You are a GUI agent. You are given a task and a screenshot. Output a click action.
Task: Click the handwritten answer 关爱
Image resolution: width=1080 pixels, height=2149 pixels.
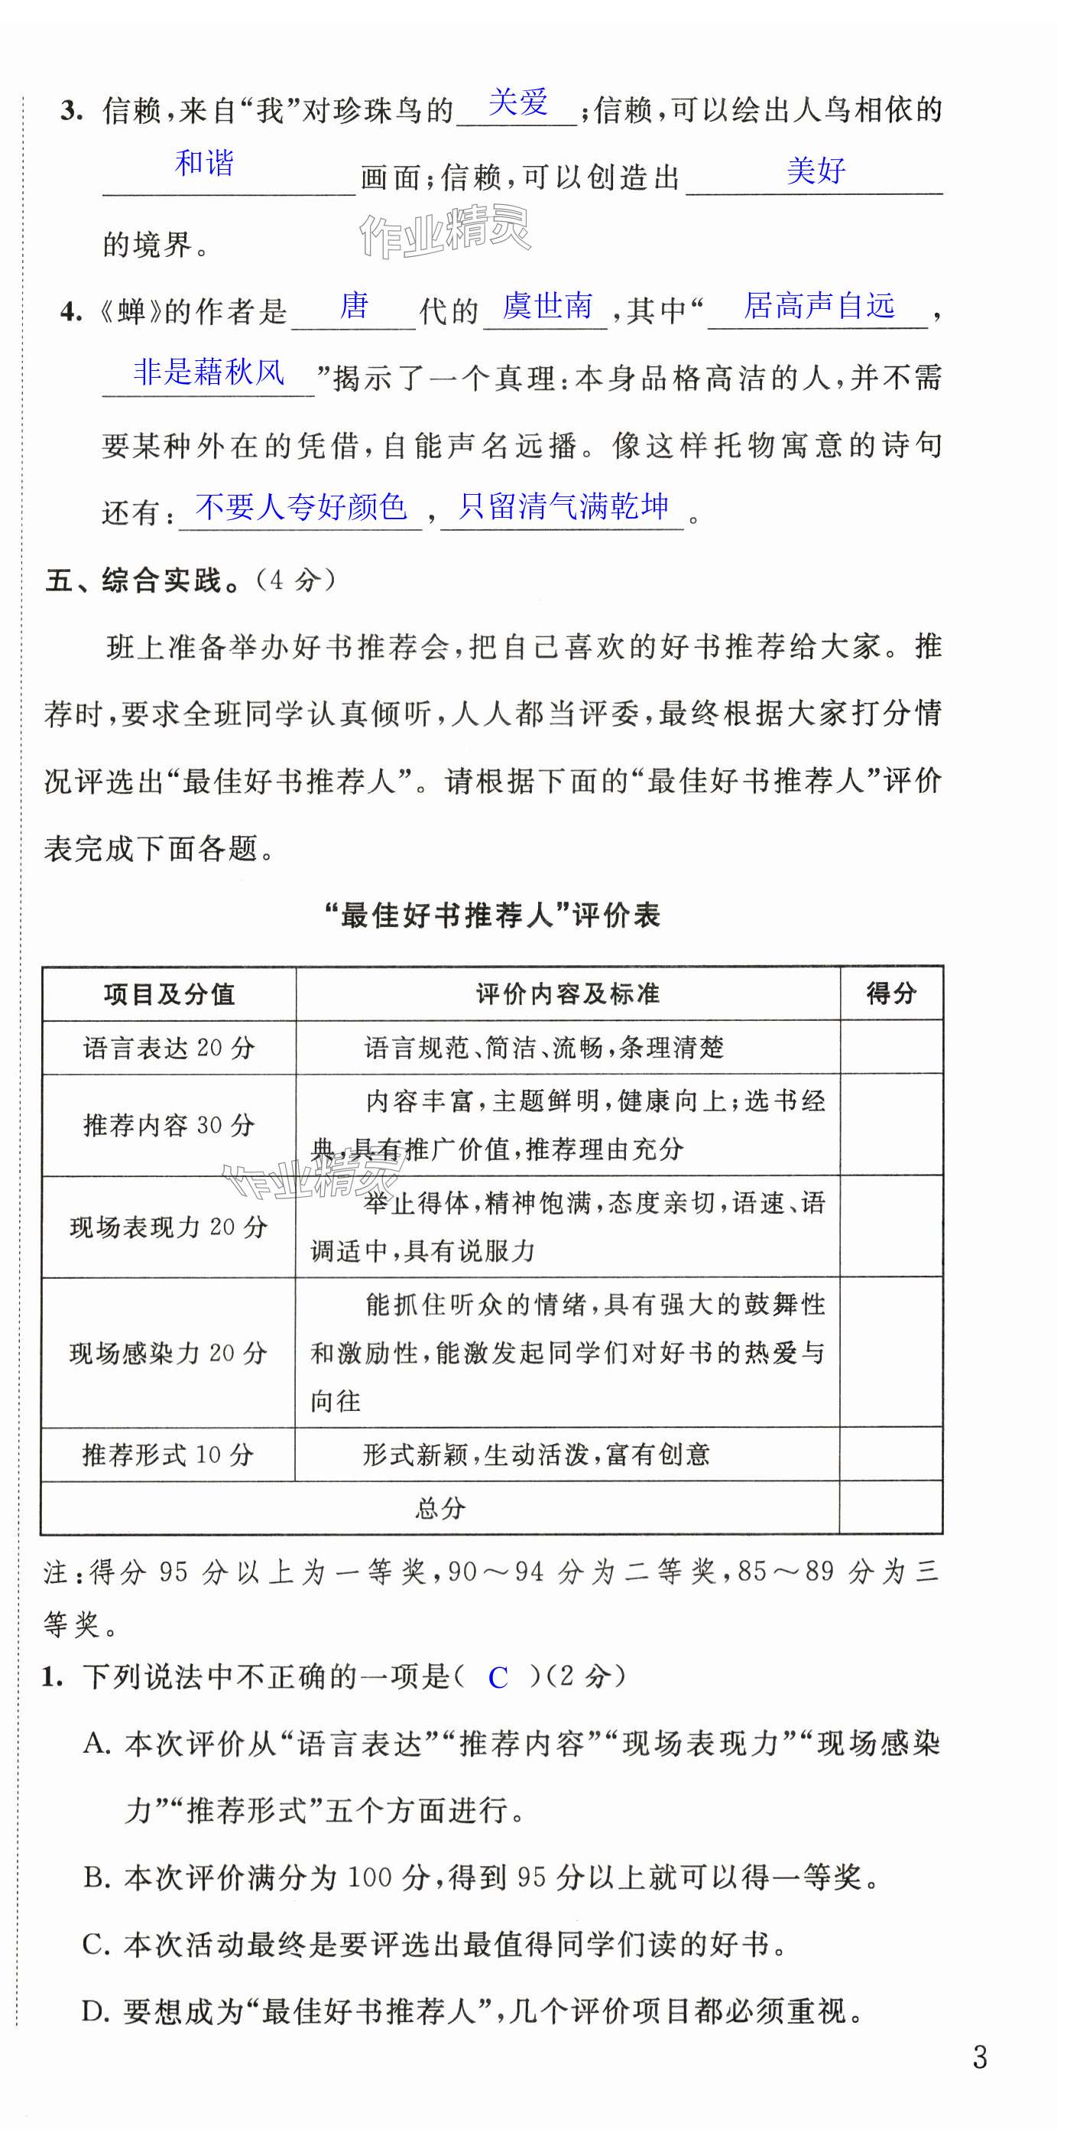(x=518, y=102)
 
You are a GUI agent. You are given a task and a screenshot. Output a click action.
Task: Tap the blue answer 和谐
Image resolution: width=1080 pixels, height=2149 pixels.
(x=204, y=163)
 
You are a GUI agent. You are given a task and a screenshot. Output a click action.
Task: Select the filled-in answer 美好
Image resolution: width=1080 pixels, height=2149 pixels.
(x=816, y=171)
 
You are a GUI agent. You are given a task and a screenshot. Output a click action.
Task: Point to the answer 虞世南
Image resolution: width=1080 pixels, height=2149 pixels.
(x=547, y=306)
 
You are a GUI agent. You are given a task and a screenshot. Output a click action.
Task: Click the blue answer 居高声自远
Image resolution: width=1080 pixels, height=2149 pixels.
(x=819, y=305)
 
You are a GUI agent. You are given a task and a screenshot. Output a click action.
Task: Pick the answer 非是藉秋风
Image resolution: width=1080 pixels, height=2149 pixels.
(x=209, y=372)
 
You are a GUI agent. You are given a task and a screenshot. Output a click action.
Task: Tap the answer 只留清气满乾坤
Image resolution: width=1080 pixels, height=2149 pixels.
(x=564, y=506)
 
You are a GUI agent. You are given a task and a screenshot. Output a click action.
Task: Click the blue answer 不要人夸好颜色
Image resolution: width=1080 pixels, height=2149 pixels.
(x=301, y=506)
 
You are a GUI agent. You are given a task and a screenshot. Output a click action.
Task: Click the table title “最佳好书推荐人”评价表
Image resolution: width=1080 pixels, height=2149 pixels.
(x=492, y=916)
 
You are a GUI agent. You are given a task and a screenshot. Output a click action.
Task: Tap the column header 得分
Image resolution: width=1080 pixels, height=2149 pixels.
(x=890, y=993)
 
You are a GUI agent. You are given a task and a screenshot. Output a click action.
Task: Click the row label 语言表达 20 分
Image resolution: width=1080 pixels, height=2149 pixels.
(x=169, y=1048)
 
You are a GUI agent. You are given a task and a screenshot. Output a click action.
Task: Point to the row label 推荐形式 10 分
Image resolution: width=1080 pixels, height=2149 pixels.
(x=168, y=1455)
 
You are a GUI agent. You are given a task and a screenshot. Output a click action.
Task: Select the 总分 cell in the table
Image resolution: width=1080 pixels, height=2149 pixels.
(x=440, y=1508)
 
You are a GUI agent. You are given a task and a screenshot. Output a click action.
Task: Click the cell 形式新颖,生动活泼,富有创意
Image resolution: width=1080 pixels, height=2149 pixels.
(x=537, y=1455)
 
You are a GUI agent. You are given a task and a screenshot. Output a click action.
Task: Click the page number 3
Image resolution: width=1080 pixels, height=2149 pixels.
(x=980, y=2057)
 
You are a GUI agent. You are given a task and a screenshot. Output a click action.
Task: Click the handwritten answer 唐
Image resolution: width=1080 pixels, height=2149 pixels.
(x=354, y=306)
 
